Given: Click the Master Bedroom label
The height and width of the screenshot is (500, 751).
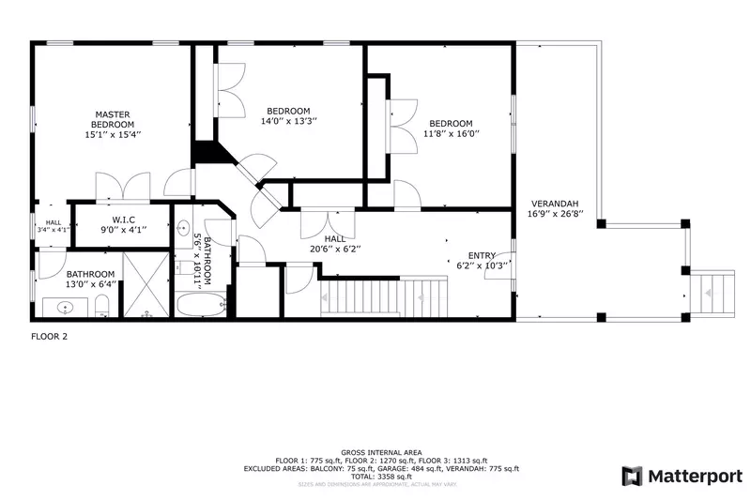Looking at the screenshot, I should tap(113, 119).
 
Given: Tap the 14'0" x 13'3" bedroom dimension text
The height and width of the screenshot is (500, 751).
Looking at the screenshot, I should tap(288, 121).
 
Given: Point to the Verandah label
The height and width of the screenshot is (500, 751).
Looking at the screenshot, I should tap(554, 204).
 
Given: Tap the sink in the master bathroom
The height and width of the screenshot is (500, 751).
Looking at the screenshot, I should tap(65, 307).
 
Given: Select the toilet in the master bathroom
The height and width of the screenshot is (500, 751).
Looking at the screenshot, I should tap(102, 305).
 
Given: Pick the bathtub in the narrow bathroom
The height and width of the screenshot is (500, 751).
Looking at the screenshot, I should tap(199, 305).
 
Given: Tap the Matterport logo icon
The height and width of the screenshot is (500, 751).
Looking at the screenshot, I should tap(632, 476).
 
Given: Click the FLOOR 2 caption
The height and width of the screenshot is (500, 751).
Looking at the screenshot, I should tap(49, 336).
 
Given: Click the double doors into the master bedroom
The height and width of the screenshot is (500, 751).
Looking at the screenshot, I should tap(123, 185).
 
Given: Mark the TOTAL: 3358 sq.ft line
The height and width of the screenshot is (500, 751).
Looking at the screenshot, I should tap(380, 476).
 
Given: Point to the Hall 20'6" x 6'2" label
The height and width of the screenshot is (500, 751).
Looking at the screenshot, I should tap(335, 244).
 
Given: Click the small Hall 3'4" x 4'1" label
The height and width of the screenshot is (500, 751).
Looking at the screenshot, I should tap(53, 226).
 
